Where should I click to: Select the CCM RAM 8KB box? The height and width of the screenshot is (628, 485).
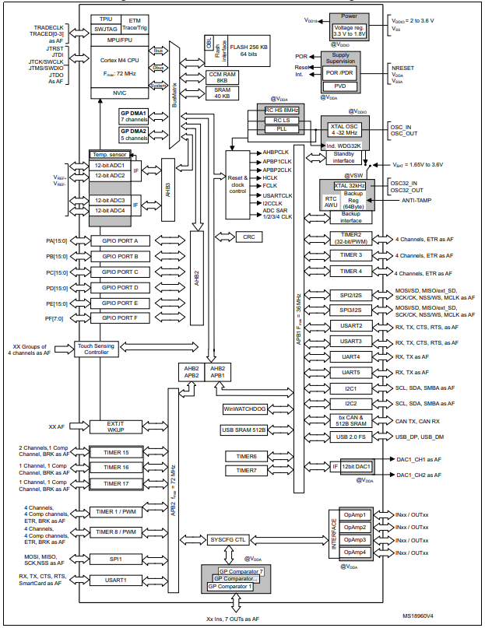[222, 76]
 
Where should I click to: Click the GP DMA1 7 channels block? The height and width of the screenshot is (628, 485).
[133, 117]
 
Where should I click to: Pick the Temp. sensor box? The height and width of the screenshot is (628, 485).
[114, 155]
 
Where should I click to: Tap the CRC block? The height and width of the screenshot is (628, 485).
[248, 236]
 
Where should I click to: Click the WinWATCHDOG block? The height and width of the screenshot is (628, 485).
[244, 409]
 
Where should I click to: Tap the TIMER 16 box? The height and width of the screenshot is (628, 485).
[114, 467]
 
